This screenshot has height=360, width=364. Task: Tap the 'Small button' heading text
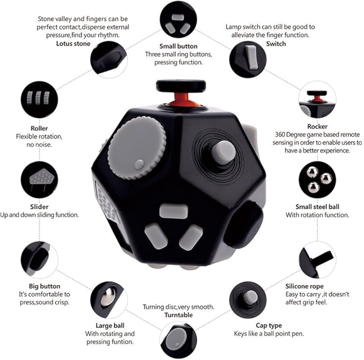point(179,46)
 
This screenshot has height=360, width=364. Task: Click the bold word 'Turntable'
point(179,315)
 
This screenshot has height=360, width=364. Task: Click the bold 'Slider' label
point(39,206)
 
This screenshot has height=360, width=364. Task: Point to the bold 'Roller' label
point(39,129)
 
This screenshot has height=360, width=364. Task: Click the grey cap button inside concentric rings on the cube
point(222,152)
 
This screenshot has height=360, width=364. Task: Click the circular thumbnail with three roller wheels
point(39,100)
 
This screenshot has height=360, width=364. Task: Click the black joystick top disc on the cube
point(174,85)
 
